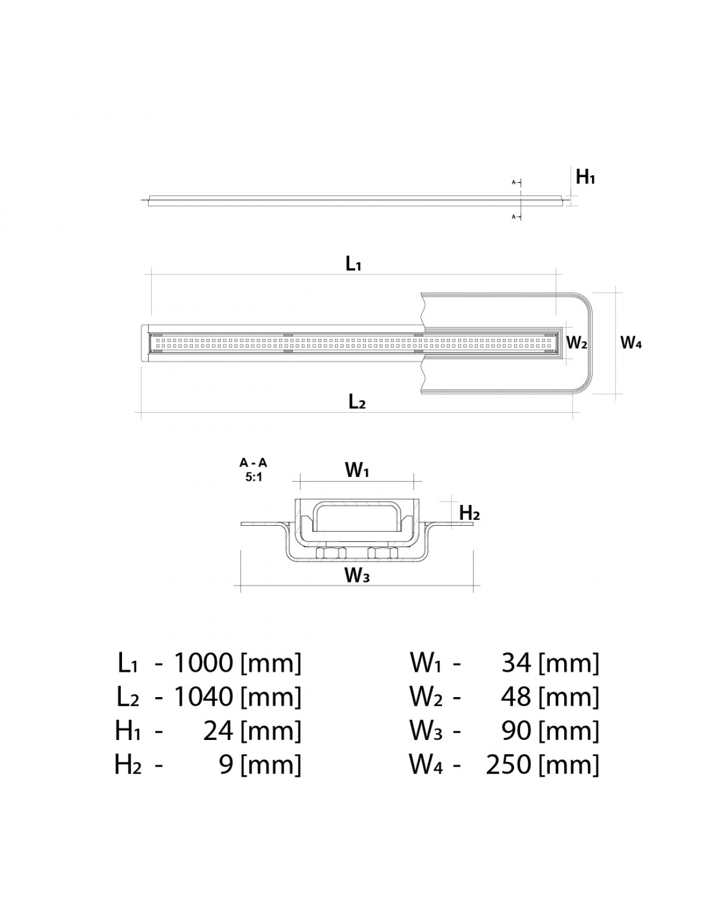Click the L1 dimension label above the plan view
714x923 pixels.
353,264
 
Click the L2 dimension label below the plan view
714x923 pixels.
357,402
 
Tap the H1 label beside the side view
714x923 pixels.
585,177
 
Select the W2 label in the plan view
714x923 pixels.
576,343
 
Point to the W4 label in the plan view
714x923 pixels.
631,343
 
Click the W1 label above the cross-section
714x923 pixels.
357,471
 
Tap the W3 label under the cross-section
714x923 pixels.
357,575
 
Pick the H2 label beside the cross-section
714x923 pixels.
469,513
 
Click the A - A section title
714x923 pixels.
253,463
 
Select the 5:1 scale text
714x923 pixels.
253,476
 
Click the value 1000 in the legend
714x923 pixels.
203,663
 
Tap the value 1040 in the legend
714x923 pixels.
203,696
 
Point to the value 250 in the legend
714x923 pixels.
509,765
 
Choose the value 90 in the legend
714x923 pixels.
517,731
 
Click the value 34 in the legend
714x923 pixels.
517,663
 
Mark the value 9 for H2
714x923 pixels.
226,765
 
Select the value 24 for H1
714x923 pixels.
218,731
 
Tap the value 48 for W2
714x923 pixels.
517,696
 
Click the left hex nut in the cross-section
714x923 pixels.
330,553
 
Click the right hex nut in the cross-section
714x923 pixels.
382,553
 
